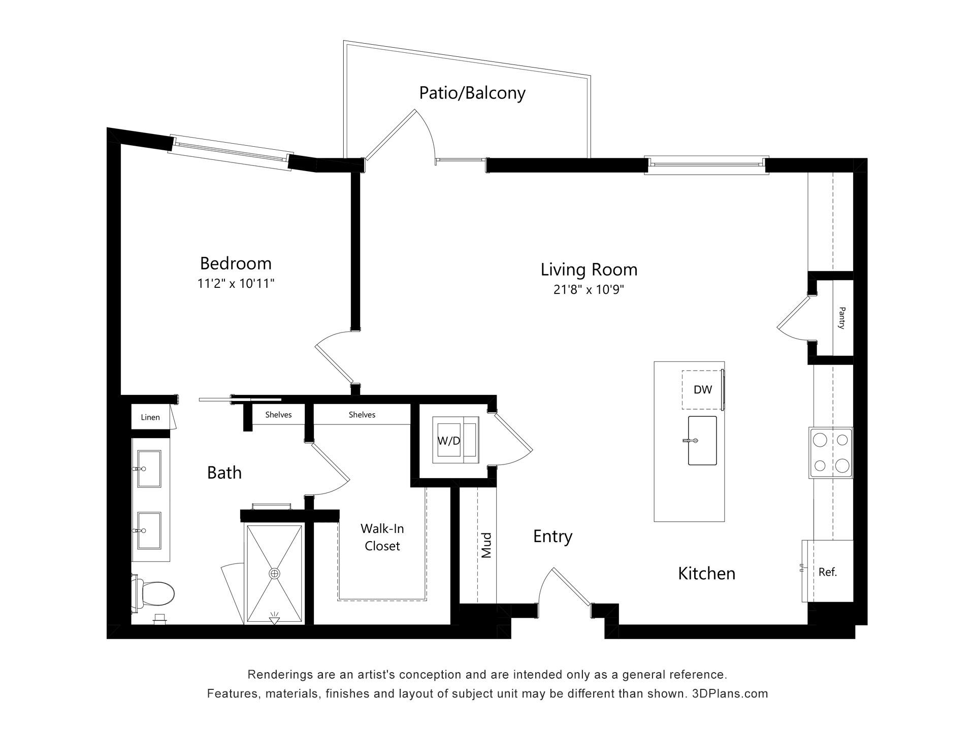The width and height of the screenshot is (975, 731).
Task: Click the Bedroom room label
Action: click(x=236, y=263)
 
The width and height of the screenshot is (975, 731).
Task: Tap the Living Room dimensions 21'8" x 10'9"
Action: click(x=589, y=290)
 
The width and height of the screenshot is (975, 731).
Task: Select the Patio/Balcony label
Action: click(x=472, y=93)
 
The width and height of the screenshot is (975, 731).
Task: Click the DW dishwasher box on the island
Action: click(x=703, y=390)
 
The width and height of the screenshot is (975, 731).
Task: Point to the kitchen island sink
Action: click(x=702, y=441)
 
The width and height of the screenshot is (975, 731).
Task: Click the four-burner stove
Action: click(x=831, y=453)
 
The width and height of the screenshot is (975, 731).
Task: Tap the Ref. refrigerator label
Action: click(x=828, y=572)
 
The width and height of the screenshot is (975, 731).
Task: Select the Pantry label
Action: click(x=841, y=318)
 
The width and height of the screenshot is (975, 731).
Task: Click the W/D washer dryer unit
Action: click(x=456, y=440)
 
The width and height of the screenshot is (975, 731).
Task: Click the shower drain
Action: click(x=274, y=574)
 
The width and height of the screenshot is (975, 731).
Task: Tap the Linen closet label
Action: click(x=150, y=417)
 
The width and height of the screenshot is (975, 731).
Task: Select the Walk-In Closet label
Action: click(x=382, y=537)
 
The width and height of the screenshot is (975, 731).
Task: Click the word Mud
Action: click(x=486, y=545)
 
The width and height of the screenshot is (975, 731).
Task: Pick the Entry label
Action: click(x=552, y=537)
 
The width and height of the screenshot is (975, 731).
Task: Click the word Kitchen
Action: click(x=707, y=574)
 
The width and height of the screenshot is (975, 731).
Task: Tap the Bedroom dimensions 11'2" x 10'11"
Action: click(x=236, y=283)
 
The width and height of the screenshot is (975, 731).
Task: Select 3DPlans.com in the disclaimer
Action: click(x=730, y=693)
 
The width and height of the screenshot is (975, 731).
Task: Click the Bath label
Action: click(x=224, y=473)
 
